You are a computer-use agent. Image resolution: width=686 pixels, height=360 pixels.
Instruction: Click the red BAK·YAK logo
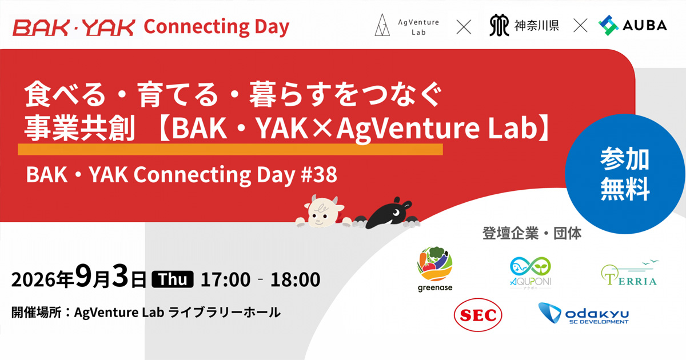(74, 27)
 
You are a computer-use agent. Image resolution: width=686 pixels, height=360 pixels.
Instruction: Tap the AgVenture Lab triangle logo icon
(382, 25)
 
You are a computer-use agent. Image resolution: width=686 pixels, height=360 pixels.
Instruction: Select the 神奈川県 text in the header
(537, 26)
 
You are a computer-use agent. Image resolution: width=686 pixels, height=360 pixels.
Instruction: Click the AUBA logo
(633, 25)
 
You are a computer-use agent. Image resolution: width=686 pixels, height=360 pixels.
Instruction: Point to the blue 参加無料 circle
(625, 174)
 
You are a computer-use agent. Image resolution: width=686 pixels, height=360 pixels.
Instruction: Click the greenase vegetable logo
(435, 269)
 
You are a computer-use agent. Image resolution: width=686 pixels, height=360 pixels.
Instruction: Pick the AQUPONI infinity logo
(531, 273)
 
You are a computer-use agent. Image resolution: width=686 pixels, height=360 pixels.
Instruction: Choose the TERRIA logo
(629, 273)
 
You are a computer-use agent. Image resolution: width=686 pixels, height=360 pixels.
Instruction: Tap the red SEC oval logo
(478, 315)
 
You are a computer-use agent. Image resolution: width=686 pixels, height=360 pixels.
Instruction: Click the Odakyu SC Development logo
(584, 314)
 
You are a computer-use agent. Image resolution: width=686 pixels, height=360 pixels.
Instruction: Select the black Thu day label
(173, 279)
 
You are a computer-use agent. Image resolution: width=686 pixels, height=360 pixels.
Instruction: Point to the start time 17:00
(225, 280)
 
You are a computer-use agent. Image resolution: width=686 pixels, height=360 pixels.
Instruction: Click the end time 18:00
(295, 280)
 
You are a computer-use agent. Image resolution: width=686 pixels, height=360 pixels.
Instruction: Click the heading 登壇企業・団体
(532, 234)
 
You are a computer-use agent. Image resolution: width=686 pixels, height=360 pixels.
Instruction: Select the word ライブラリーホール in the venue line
(225, 313)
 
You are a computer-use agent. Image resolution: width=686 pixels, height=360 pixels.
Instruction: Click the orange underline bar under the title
(230, 149)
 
